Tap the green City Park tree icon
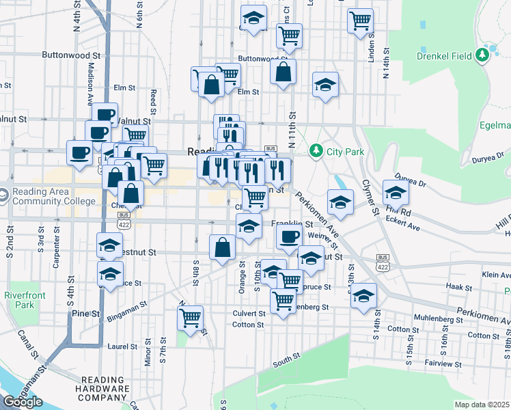(316, 150)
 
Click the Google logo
(23, 402)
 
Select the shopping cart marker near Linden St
(359, 20)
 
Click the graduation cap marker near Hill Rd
(396, 192)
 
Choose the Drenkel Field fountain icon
(486, 53)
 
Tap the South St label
(287, 357)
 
